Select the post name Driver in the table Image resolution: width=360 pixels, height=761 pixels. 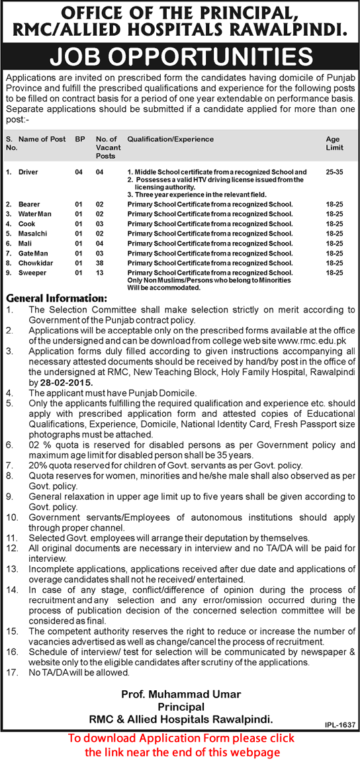(28, 172)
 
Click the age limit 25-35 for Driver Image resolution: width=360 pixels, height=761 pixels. (335, 172)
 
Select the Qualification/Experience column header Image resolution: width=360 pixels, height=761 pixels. (171, 140)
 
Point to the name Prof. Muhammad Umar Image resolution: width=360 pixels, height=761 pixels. (180, 694)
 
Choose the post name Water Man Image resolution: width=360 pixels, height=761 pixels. (36, 214)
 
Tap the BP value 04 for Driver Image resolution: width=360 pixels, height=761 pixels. (79, 172)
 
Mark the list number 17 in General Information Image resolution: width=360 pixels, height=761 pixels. (11, 672)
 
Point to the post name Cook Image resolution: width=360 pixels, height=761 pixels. (27, 224)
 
